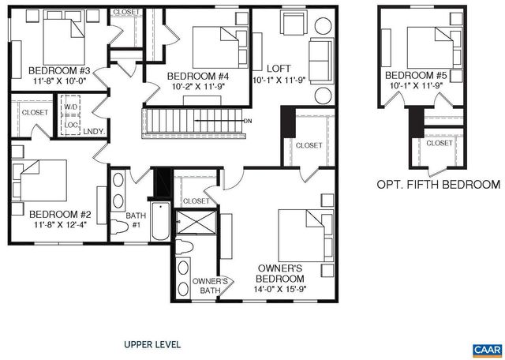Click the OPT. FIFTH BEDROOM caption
pyautogui.click(x=439, y=185)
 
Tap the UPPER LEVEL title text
pyautogui.click(x=152, y=344)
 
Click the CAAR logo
pyautogui.click(x=486, y=348)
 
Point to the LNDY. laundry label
pyautogui.click(x=93, y=132)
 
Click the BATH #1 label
pyautogui.click(x=137, y=219)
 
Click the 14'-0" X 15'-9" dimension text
pyautogui.click(x=280, y=291)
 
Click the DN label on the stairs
pyautogui.click(x=248, y=121)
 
